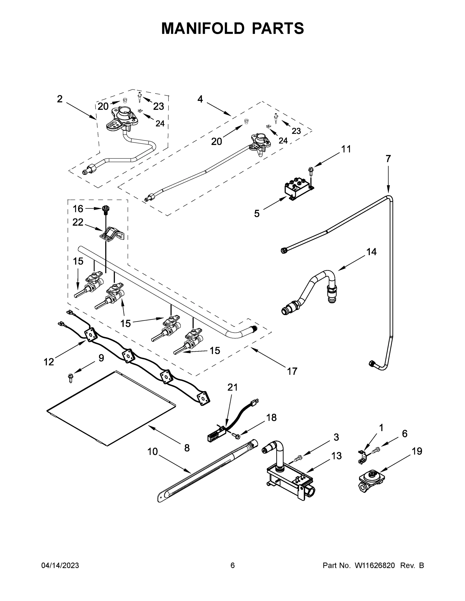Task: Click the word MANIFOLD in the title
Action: click(203, 28)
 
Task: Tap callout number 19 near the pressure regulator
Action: click(417, 451)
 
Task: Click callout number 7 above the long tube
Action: click(388, 159)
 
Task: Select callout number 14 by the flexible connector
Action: click(371, 251)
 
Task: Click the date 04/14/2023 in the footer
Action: click(60, 565)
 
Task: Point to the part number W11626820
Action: click(375, 565)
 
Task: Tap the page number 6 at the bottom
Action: click(233, 565)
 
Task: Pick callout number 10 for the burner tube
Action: click(152, 451)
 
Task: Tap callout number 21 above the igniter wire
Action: click(232, 387)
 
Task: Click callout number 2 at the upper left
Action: click(59, 99)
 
